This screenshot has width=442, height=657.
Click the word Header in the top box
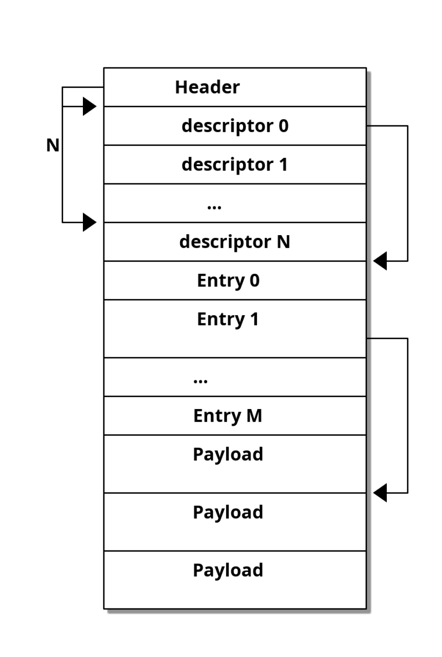[x=207, y=87]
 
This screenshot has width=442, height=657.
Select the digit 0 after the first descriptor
[x=283, y=126]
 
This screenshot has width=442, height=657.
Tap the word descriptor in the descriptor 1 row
[x=228, y=165]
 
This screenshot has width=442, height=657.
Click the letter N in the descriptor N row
[x=283, y=242]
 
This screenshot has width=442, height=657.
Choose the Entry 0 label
[x=229, y=280]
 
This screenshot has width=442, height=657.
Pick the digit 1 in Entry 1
[x=254, y=319]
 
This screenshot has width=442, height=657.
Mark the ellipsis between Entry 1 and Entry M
[x=201, y=381]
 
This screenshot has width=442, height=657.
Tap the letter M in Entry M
[x=254, y=416]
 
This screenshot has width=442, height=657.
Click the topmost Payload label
[x=228, y=454]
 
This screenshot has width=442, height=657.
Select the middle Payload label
[x=228, y=512]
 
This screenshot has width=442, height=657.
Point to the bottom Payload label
[x=228, y=570]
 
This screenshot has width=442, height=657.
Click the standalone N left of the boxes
[x=53, y=145]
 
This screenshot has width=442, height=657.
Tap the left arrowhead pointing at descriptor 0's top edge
[x=90, y=107]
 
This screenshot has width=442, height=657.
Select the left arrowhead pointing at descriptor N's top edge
[x=90, y=222]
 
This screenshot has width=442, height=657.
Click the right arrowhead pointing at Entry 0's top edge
[x=380, y=261]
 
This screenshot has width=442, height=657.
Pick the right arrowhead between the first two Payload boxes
[x=380, y=492]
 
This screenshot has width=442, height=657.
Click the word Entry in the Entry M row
[x=217, y=416]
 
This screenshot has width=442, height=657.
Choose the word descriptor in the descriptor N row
[x=225, y=242]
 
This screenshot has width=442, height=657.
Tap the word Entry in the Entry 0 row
[x=221, y=280]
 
